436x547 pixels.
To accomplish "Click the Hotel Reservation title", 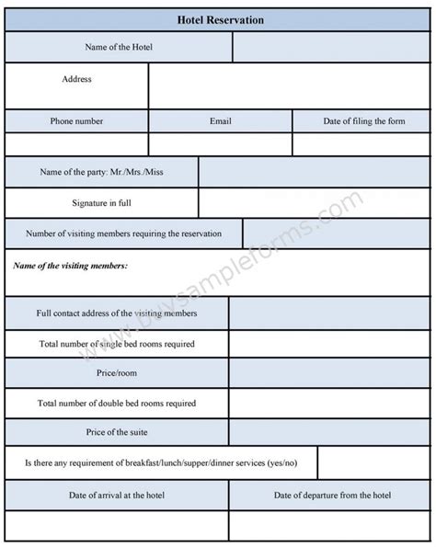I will click(218, 17).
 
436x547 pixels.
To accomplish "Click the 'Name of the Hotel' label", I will click(119, 47).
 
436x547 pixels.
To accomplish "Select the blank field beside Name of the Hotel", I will click(331, 47).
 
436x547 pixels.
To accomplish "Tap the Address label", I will click(76, 79).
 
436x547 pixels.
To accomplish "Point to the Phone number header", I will click(76, 120).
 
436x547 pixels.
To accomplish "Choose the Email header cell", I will click(221, 120).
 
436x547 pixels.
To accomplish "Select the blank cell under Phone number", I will click(76, 143).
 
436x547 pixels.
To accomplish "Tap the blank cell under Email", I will click(221, 143).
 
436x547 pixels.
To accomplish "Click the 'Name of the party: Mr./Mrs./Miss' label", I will click(101, 172).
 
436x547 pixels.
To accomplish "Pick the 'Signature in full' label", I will click(101, 202).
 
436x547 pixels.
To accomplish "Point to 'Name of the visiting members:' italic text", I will click(71, 266).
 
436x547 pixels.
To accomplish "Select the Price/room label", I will click(117, 373).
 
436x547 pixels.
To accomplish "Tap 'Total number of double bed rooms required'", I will click(117, 403).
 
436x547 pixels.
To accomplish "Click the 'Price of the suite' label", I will click(117, 432).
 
